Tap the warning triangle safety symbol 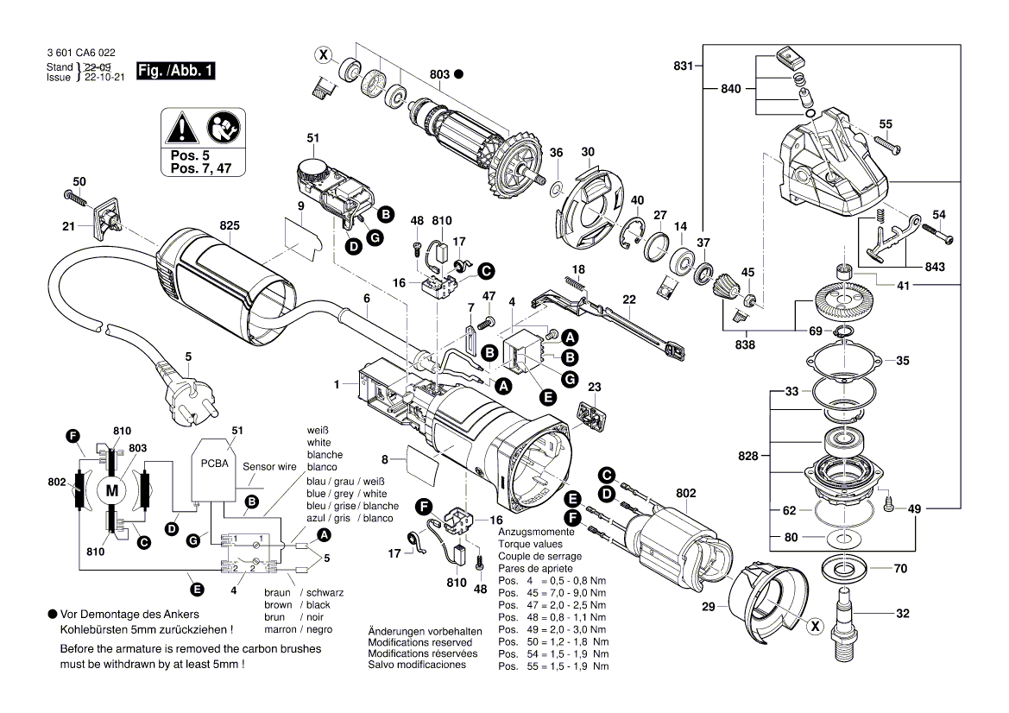pyautogui.click(x=182, y=130)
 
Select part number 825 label pyautogui.click(x=229, y=225)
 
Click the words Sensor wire pyautogui.click(x=269, y=466)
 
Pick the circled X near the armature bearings pyautogui.click(x=323, y=56)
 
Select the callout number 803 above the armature pyautogui.click(x=439, y=74)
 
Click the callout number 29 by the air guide pyautogui.click(x=709, y=608)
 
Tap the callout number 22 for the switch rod pyautogui.click(x=629, y=300)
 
